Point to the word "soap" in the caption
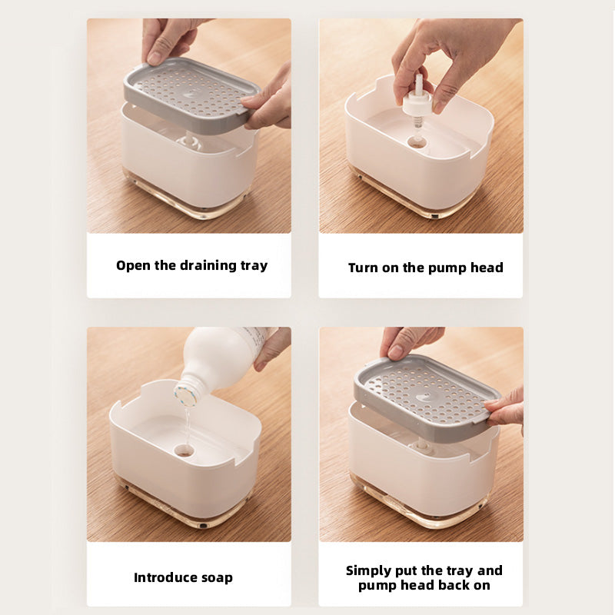pos(217,578)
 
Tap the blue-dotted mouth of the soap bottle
pos(185,395)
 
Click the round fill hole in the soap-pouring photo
pos(184,451)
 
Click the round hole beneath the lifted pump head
pos(417,142)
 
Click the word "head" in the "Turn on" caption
pos(487,268)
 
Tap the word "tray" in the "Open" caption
pos(254,266)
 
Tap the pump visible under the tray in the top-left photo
pos(189,141)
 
